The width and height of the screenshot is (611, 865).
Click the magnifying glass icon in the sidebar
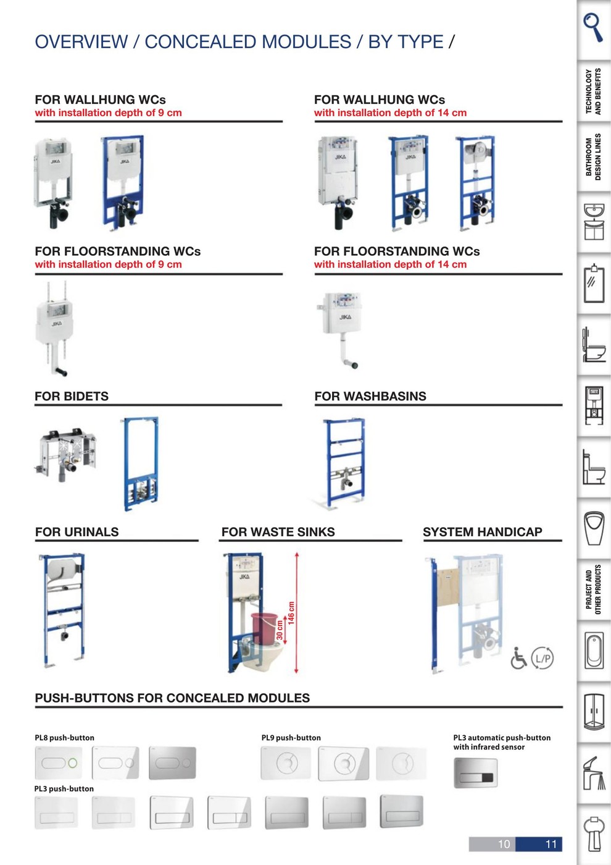[593, 27]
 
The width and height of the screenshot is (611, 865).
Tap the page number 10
[504, 844]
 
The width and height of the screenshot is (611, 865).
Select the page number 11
[551, 844]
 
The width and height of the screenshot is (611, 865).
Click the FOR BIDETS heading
[72, 397]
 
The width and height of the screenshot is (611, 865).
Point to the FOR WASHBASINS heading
[370, 397]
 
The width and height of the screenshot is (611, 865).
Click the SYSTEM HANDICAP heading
[482, 532]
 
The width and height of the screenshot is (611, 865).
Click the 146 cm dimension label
[291, 613]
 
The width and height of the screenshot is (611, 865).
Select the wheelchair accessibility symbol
[519, 658]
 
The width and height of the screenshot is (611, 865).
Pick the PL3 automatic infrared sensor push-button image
[475, 772]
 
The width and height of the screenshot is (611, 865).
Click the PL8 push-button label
[64, 738]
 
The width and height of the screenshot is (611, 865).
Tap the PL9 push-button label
[291, 738]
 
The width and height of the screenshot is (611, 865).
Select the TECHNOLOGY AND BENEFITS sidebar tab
[593, 91]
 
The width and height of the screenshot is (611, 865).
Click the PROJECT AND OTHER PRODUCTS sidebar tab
[593, 589]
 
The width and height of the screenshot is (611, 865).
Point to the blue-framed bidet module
[141, 463]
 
